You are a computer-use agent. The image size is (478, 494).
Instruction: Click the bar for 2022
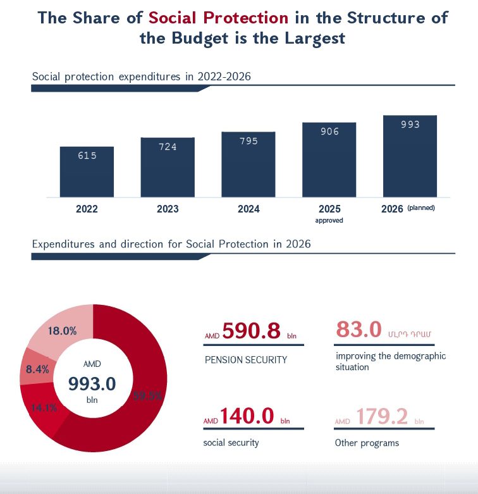[87, 171]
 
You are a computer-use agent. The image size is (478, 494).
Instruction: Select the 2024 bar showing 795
[248, 164]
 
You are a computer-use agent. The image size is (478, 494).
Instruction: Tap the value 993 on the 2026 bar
[410, 125]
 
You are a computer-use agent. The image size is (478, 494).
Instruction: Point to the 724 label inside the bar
[168, 147]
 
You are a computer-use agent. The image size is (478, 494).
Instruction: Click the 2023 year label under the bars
[168, 209]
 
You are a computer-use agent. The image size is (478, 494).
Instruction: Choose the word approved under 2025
[329, 220]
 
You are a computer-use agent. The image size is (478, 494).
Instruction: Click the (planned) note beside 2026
[421, 207]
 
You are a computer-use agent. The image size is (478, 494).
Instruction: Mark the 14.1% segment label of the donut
[44, 408]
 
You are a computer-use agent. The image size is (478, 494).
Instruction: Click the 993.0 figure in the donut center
[92, 384]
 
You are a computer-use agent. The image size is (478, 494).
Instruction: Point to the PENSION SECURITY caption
[246, 360]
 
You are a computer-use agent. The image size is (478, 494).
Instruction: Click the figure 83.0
[358, 330]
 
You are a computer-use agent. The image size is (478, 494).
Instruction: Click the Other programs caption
[367, 443]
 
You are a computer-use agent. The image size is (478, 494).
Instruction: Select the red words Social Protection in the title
[218, 17]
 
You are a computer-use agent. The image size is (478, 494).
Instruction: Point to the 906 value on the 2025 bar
[329, 132]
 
